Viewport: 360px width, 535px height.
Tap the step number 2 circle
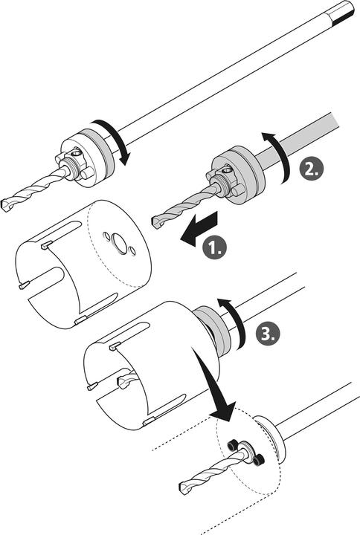click(x=311, y=169)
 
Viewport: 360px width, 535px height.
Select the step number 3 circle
click(x=268, y=334)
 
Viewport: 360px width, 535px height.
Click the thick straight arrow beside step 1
click(x=199, y=228)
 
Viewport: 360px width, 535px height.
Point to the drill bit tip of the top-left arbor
click(x=7, y=205)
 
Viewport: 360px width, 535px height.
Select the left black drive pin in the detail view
click(x=233, y=444)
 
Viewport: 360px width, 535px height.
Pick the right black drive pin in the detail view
click(x=259, y=460)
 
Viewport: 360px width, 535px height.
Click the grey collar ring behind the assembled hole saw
click(x=214, y=329)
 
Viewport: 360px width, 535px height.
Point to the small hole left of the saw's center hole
click(x=106, y=236)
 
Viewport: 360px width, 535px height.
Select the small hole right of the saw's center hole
click(x=133, y=251)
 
